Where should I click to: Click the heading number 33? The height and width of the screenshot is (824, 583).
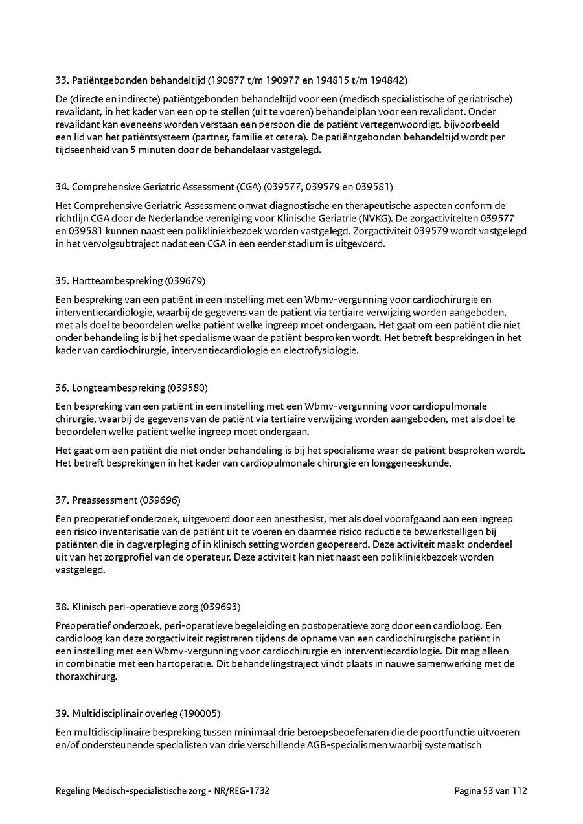tap(62, 81)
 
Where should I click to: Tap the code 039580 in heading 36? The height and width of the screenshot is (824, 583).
tap(188, 388)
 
